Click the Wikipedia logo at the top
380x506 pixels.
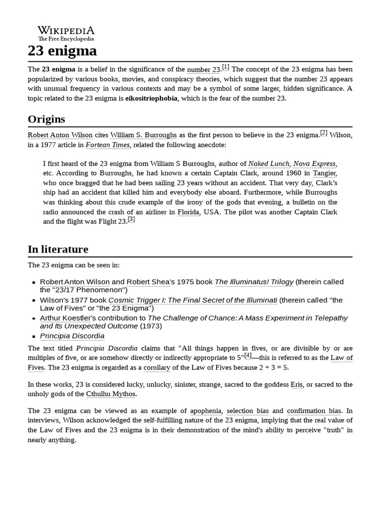(66, 33)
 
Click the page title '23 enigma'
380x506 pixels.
(62, 51)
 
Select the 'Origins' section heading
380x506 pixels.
(47, 119)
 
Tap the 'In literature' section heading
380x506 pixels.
(58, 249)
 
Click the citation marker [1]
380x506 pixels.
(226, 67)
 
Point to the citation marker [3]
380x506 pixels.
(131, 219)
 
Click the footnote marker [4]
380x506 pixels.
(248, 355)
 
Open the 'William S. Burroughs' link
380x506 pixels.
(143, 135)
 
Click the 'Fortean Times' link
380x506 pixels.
(108, 145)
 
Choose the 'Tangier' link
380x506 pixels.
(325, 173)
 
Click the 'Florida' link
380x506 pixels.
(189, 211)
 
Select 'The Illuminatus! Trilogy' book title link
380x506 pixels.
(254, 282)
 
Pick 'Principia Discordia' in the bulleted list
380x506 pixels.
(72, 336)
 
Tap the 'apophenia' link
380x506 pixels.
(207, 411)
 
